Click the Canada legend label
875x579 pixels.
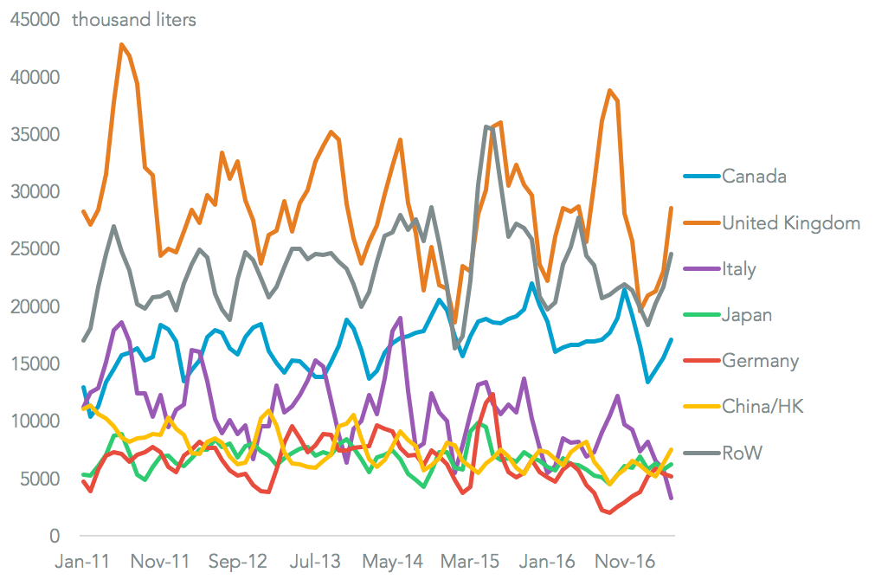754,177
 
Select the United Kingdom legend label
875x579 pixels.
791,223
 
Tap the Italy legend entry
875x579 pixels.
739,269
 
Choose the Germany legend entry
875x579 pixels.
761,361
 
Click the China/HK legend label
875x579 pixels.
762,406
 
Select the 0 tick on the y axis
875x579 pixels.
53,537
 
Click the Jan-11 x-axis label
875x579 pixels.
84,563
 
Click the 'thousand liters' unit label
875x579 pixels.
134,20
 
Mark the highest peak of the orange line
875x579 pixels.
122,44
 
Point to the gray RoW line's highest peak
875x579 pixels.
487,126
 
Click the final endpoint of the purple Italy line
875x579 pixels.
672,499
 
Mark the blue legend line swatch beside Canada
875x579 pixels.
696,177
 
